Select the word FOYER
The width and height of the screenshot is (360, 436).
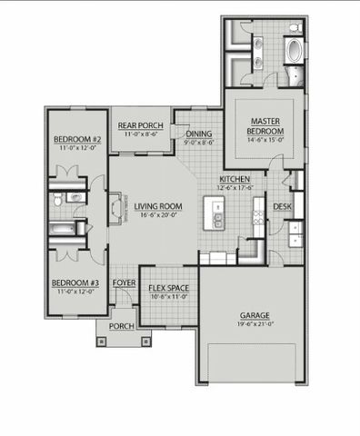[x=124, y=283]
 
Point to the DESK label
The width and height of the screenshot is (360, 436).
[x=283, y=206]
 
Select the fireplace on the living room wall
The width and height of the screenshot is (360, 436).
[x=113, y=209]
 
